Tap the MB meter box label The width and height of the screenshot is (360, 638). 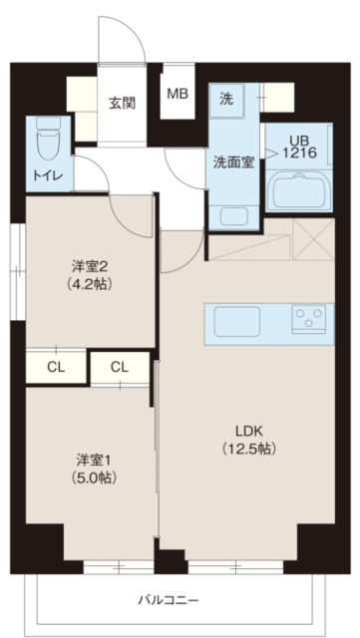pos(177,95)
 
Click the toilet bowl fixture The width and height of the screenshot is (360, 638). pos(46,142)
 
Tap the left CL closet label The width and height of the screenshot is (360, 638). pos(56,367)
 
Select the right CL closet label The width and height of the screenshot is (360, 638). pos(120,367)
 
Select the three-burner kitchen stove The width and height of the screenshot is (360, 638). pos(307,320)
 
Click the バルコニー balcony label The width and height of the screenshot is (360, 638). pos(169,601)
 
